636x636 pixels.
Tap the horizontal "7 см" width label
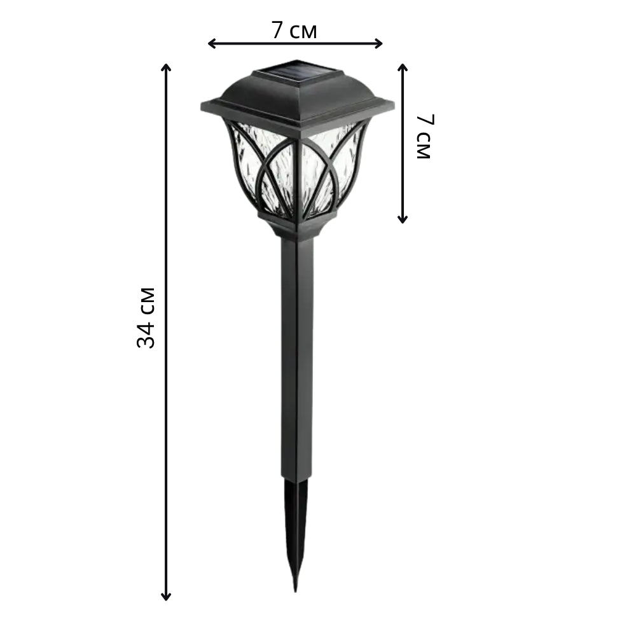coord(294,30)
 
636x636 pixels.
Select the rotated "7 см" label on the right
coord(425,136)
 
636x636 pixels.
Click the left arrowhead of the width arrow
coord(211,43)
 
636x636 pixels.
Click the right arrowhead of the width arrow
coord(378,43)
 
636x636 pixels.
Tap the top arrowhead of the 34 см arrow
coord(166,67)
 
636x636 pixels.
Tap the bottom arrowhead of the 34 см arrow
coord(166,597)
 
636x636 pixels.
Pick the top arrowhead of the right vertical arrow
coord(403,67)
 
